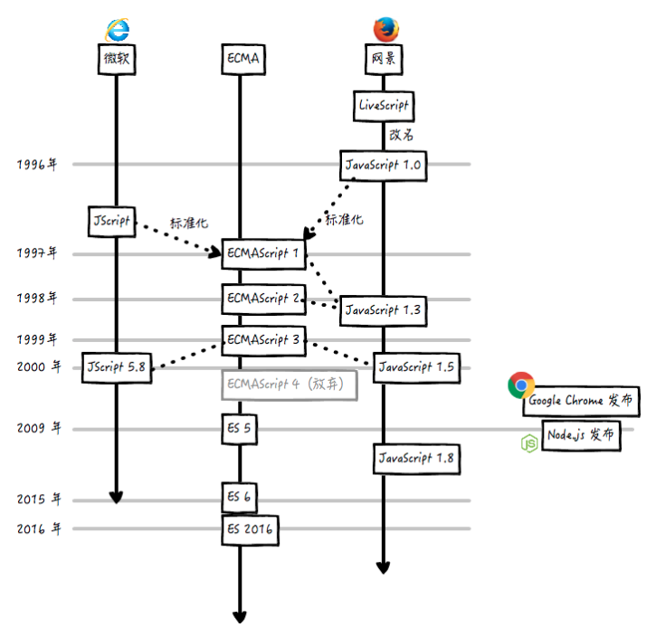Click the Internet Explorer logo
[117, 29]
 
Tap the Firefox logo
[385, 29]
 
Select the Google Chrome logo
[520, 385]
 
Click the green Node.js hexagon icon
[528, 442]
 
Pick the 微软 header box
[117, 60]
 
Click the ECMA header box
[242, 60]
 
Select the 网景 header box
[384, 60]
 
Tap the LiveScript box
[384, 106]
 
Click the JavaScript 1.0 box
[384, 166]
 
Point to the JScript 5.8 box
[116, 366]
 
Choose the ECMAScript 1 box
[263, 254]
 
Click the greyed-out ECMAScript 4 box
[289, 385]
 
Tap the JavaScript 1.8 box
[415, 458]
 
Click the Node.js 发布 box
[581, 434]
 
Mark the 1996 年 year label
[37, 165]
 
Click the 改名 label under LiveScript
[402, 135]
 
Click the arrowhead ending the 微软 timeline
[116, 497]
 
